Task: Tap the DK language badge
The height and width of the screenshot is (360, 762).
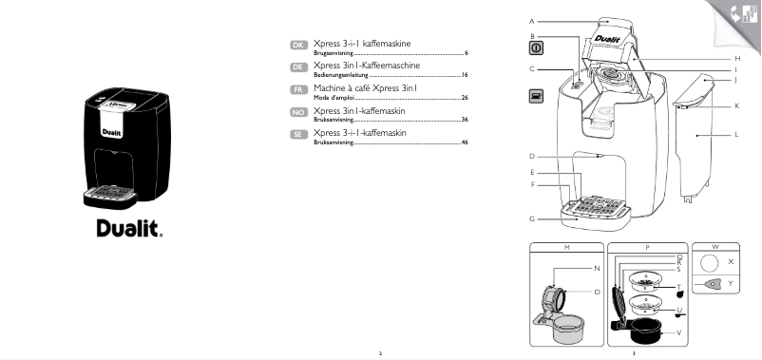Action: [297, 46]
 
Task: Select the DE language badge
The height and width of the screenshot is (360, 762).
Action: [297, 67]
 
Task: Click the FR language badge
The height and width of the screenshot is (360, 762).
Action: [297, 90]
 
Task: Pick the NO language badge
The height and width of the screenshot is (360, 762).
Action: [297, 112]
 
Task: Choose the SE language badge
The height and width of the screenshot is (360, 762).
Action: [297, 135]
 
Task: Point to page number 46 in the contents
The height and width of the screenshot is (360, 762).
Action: [465, 142]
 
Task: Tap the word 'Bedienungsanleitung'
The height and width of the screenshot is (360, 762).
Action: [339, 74]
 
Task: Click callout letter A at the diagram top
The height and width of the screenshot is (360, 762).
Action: [532, 20]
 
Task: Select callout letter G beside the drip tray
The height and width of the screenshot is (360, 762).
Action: [532, 219]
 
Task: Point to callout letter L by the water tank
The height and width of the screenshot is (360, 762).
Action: [736, 135]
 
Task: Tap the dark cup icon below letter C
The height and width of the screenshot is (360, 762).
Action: [536, 96]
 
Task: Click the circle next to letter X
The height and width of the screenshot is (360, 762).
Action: [709, 260]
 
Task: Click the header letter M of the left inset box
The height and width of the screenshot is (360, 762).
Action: [565, 246]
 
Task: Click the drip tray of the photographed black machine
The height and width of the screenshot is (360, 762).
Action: [109, 195]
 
